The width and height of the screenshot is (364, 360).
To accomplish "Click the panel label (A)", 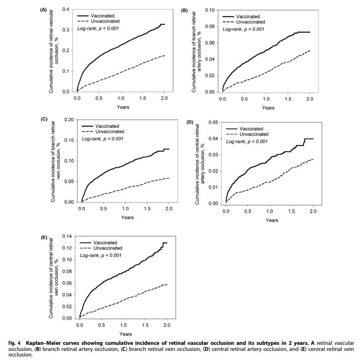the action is (x=43, y=10).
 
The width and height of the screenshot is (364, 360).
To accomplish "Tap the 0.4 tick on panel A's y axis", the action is (x=66, y=10).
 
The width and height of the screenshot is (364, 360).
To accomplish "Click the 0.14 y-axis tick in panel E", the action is (x=67, y=236).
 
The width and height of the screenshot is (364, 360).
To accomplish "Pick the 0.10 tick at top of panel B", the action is (x=210, y=10).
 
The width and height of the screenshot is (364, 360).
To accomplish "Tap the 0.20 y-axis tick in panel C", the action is (x=69, y=120).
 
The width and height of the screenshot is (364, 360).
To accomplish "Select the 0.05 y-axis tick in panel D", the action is (x=214, y=122).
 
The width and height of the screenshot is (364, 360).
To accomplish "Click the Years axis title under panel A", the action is (x=123, y=107).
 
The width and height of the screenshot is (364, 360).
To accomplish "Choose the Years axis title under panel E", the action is (x=126, y=334).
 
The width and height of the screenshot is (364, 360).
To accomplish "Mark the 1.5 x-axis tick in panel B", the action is (x=288, y=99).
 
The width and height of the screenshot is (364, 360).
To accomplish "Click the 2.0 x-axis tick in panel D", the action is (x=313, y=211).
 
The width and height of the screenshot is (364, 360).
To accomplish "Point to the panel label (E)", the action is (x=44, y=237).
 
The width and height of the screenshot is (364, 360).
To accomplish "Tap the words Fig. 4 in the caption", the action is (x=15, y=343).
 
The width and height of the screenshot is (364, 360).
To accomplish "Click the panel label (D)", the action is (x=190, y=122).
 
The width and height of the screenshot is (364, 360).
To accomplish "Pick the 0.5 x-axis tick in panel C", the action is (x=103, y=209).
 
